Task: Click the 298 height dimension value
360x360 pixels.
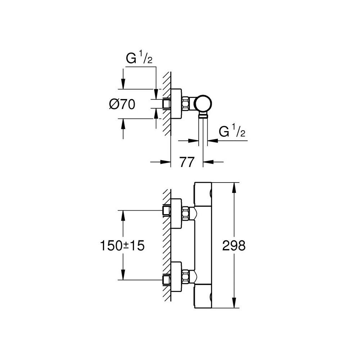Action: (234, 246)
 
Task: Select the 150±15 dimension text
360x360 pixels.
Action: (123, 246)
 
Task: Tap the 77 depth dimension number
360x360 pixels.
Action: (187, 162)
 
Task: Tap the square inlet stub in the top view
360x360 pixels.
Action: (166, 104)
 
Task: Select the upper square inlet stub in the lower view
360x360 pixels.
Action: (166, 210)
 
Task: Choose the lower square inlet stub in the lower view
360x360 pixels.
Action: (166, 280)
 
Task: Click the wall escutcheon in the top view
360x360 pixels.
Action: (176, 104)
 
